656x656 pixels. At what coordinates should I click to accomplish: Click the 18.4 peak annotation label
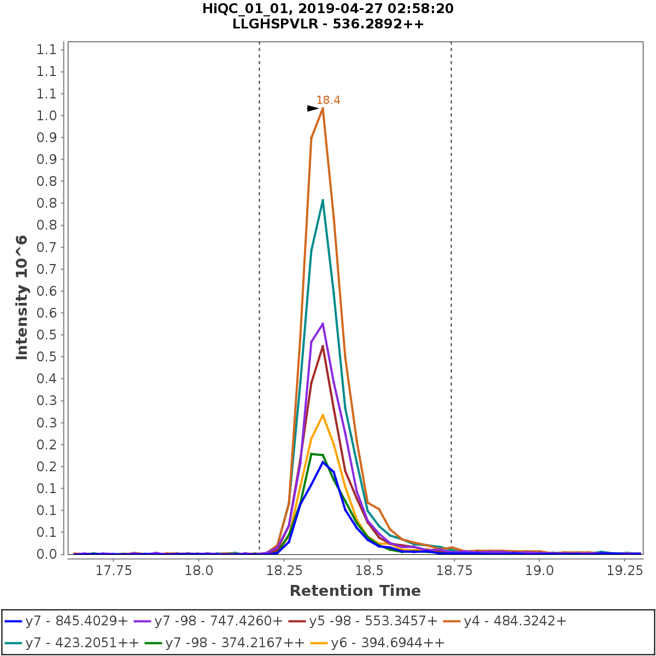click(328, 100)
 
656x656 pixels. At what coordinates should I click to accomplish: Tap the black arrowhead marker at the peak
click(313, 109)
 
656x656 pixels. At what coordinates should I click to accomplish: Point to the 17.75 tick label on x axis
click(113, 571)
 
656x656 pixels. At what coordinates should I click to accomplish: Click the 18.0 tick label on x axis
click(198, 571)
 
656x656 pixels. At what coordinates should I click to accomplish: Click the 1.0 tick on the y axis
click(46, 116)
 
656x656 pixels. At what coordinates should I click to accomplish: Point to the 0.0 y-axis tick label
click(46, 554)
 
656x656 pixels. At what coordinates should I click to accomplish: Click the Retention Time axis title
click(355, 591)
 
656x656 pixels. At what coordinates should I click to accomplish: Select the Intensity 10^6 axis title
click(22, 297)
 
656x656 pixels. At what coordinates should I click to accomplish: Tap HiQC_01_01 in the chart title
click(243, 9)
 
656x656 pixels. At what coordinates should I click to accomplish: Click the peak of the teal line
click(323, 200)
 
